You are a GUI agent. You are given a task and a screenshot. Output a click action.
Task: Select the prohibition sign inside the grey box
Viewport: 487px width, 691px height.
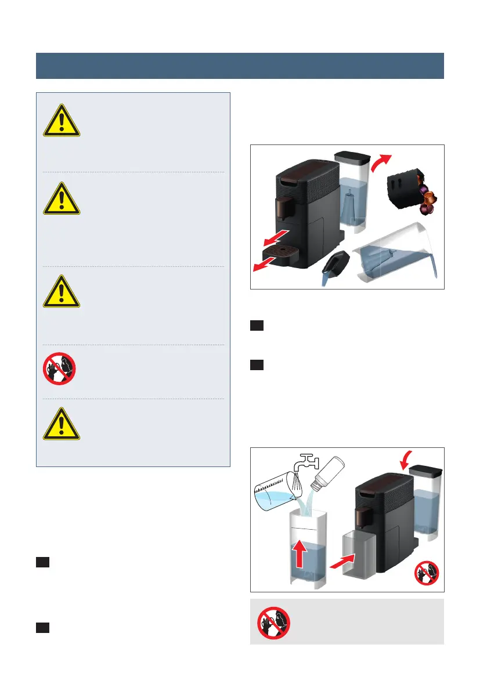pos(274,621)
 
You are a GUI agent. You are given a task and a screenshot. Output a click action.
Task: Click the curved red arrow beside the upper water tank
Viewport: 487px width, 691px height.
pos(381,164)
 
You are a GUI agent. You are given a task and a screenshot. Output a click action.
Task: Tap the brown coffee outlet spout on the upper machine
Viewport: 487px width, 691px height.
pos(283,208)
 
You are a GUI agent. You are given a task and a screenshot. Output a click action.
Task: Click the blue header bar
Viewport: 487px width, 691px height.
pos(240,66)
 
